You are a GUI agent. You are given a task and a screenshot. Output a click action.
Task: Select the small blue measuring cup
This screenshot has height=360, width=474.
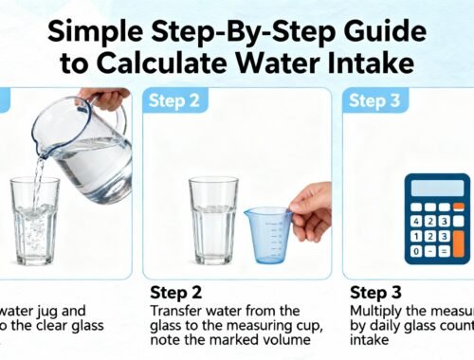tap(267, 234)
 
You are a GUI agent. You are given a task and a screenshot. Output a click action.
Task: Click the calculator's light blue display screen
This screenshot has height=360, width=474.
tap(438, 188)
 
